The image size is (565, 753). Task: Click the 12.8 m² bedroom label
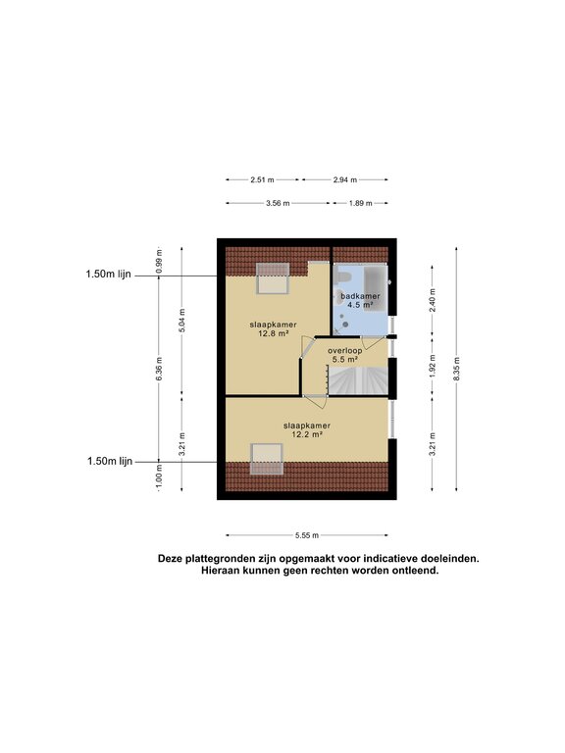coord(267,326)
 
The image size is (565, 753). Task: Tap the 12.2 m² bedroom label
coord(306,429)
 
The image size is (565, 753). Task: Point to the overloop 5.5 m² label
coord(345,354)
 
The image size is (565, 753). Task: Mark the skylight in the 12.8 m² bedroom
coord(272,278)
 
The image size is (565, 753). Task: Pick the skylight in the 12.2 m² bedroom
coord(266,459)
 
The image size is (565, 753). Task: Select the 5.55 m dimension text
coord(306,535)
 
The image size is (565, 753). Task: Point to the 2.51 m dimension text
coord(262,180)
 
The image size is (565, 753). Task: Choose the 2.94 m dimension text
coord(344,180)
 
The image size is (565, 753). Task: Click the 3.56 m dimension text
coord(278,203)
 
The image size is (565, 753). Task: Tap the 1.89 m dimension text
coord(361,203)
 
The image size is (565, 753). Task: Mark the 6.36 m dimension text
coord(159,370)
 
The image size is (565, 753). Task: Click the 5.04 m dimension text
coord(181,324)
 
